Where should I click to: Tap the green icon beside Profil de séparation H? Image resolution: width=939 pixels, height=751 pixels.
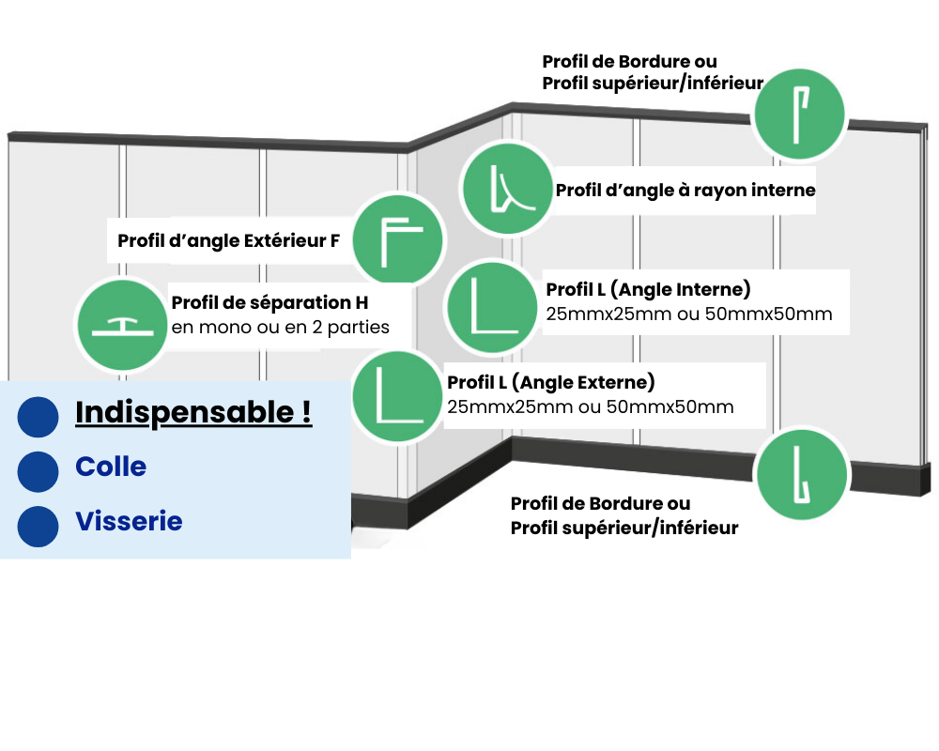point(121,325)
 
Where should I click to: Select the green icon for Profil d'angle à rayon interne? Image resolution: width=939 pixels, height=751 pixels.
point(506,189)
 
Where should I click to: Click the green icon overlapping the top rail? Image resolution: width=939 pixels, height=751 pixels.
point(800,113)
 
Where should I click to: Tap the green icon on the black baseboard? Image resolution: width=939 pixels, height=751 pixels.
point(802,475)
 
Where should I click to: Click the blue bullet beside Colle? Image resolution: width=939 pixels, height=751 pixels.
point(38,471)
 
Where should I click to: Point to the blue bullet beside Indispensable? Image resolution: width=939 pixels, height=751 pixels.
point(38,417)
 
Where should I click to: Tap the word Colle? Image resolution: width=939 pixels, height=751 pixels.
point(111,467)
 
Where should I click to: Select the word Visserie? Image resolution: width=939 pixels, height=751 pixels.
point(129,521)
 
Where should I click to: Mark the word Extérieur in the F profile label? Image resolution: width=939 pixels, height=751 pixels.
point(284,241)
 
